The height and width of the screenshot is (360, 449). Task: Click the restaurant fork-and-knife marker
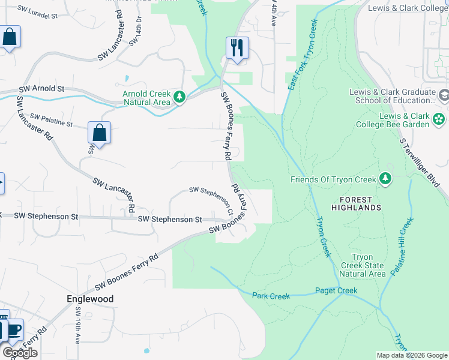point(237,47)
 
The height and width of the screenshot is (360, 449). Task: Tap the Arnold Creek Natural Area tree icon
point(179,96)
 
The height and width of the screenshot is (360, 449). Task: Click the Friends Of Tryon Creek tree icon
point(385,179)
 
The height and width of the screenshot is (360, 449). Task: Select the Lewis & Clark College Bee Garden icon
point(439,118)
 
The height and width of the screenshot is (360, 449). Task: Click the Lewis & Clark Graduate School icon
point(444,95)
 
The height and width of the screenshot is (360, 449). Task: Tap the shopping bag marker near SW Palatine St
point(99,133)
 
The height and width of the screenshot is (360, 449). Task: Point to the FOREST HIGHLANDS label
point(360,203)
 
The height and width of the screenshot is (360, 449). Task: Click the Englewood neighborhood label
point(89,298)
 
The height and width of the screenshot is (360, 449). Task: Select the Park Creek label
point(271,296)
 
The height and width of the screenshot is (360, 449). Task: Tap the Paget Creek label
point(336,291)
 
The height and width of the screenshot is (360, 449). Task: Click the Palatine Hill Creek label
point(402,246)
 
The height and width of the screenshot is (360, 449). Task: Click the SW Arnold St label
point(41,89)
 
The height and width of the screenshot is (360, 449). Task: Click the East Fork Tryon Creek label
point(302,55)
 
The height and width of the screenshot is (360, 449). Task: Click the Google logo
point(20,353)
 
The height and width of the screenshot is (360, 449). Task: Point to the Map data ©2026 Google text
point(412,355)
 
